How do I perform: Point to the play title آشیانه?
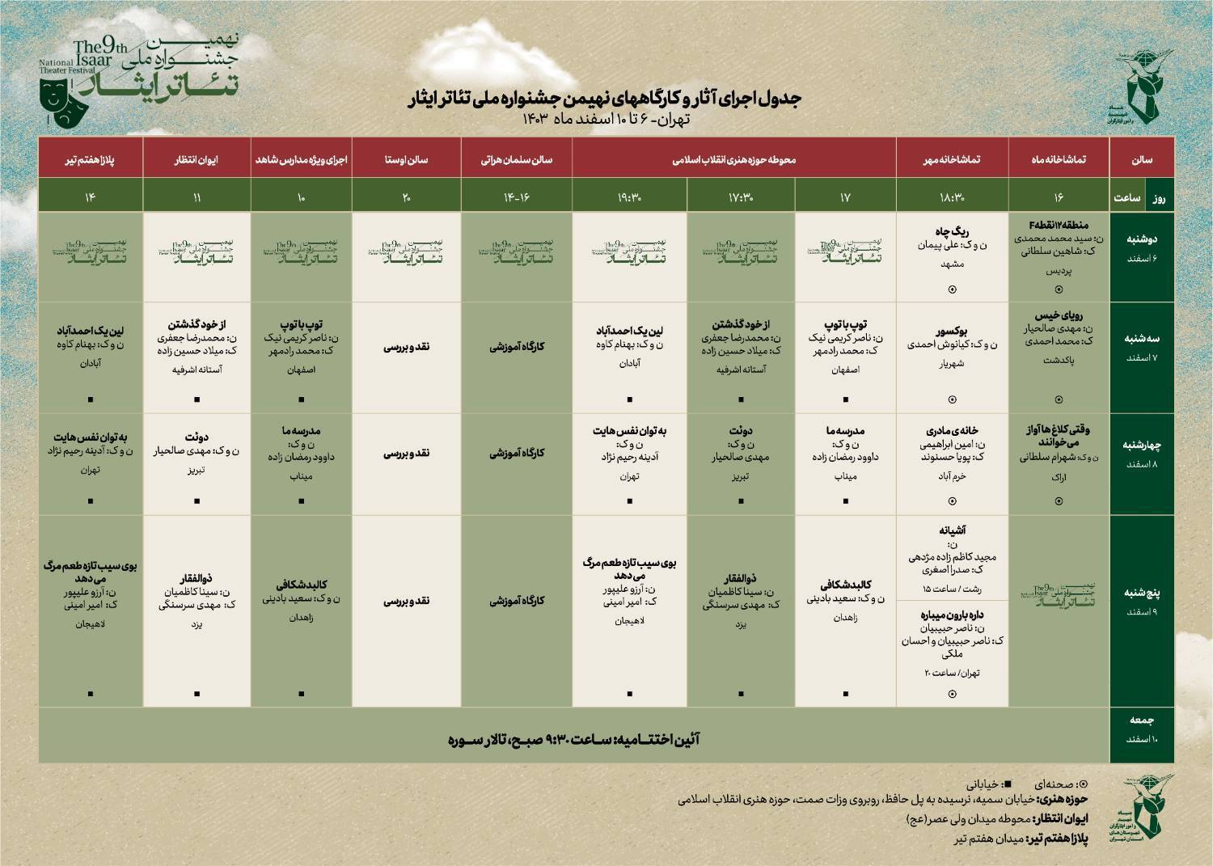[952, 531]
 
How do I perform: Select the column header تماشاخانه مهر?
[952, 159]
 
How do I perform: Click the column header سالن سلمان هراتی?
[517, 159]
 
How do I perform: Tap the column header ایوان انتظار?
[197, 159]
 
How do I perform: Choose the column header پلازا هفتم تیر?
[91, 159]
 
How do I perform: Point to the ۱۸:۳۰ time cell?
[952, 196]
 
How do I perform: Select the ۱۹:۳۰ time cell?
[629, 196]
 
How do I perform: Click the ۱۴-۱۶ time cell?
[517, 196]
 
